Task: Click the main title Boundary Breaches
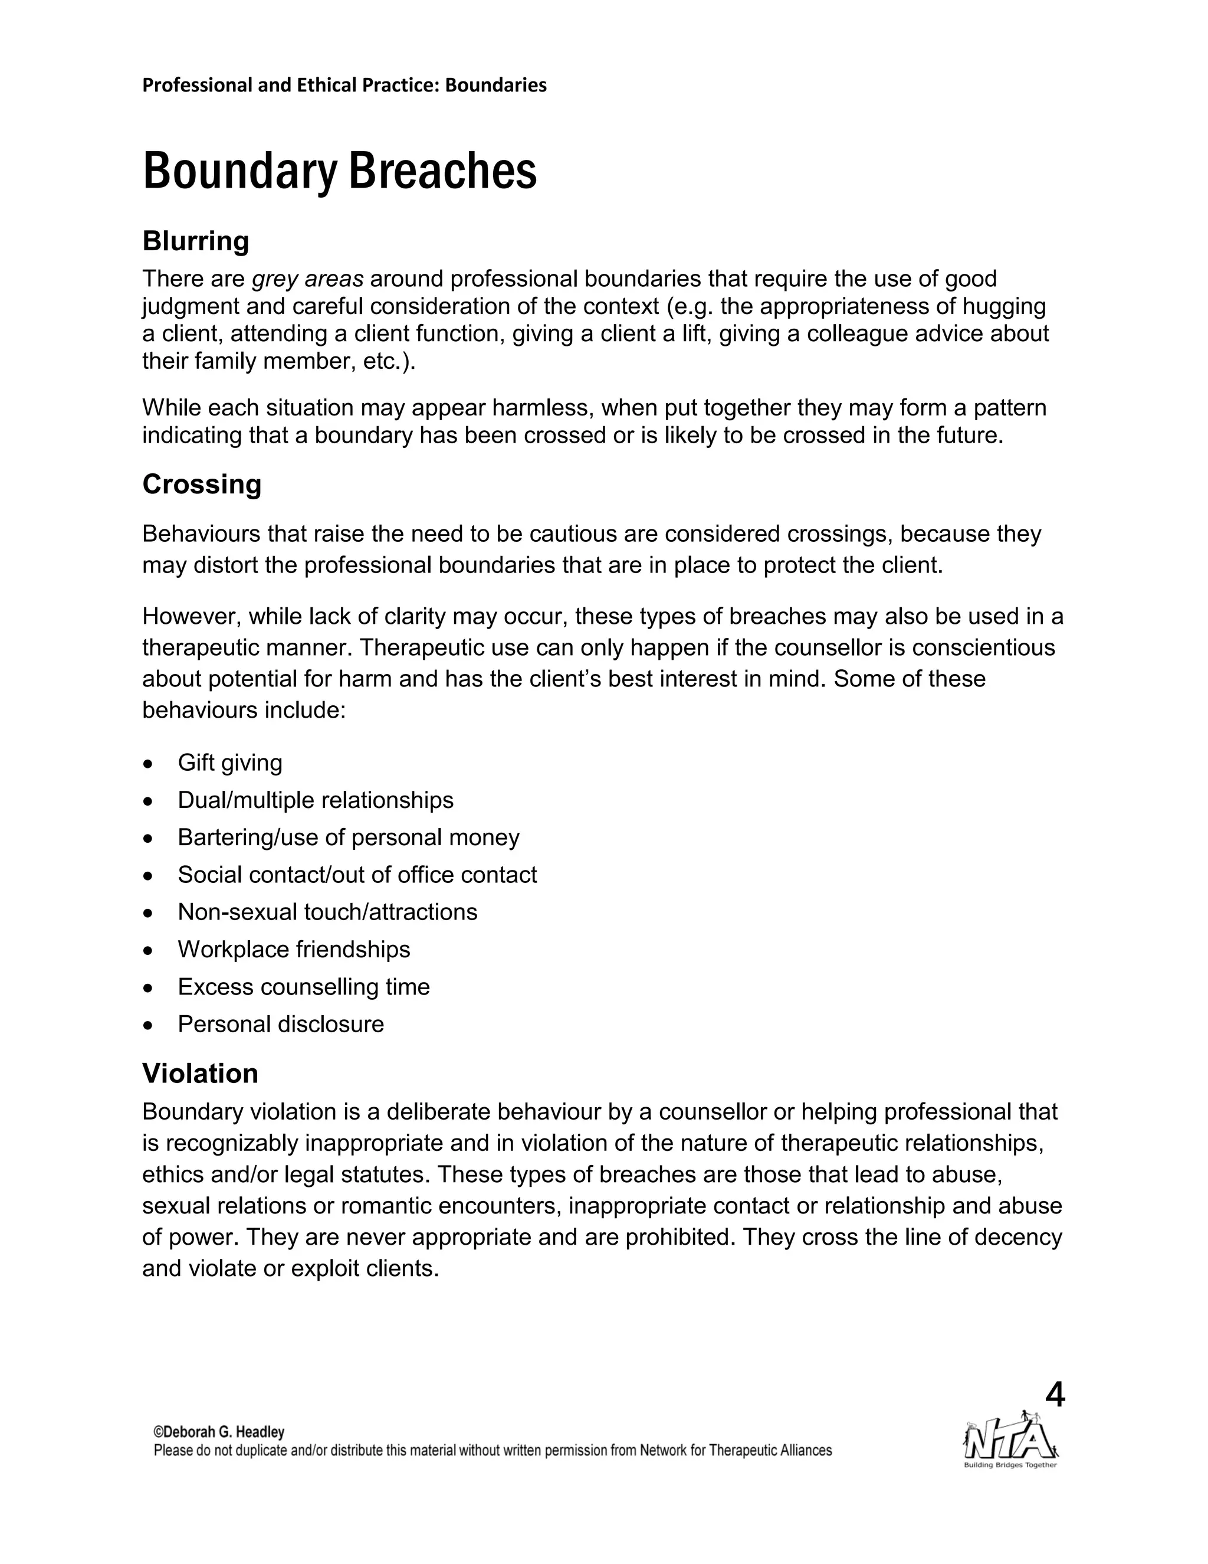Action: pos(339,172)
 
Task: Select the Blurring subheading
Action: pos(195,241)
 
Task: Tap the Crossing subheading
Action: pos(202,485)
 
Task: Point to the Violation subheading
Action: pos(200,1074)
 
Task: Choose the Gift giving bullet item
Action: pos(229,763)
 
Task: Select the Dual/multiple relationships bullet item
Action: pos(316,800)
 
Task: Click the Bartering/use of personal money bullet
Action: pos(349,837)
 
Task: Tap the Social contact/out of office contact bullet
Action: pos(357,875)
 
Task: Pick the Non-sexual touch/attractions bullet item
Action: pos(327,912)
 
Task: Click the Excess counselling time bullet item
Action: pos(303,987)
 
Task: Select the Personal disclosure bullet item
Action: pos(281,1024)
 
